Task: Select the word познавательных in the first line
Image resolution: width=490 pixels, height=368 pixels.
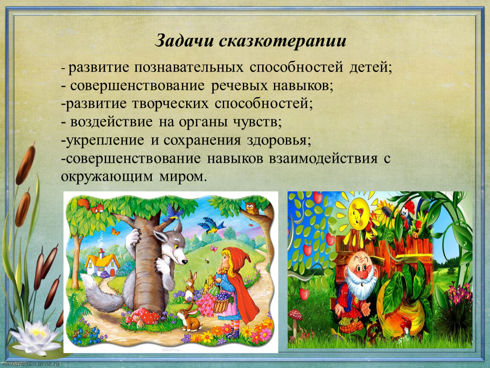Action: [x=189, y=67]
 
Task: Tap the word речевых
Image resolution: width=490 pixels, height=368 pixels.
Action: [x=239, y=86]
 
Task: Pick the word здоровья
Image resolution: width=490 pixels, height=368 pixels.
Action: [x=279, y=140]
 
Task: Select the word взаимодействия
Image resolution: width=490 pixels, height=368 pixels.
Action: [x=323, y=158]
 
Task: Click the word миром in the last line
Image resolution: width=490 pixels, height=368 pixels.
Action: [x=183, y=177]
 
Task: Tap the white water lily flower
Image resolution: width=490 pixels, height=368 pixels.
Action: [x=35, y=336]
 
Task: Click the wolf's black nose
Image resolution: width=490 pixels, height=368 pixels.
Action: [x=185, y=262]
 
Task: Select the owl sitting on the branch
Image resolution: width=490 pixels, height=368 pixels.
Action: [x=251, y=208]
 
